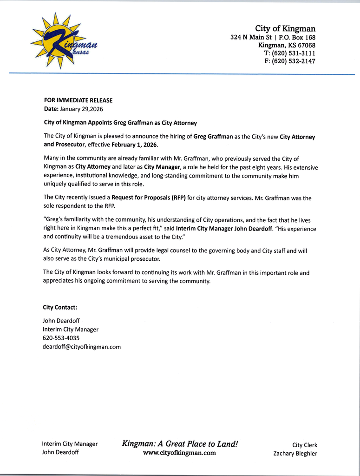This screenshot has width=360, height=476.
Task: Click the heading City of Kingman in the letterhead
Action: [x=285, y=29]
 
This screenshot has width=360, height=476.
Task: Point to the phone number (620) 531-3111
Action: [x=289, y=53]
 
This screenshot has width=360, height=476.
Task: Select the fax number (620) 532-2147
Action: [x=290, y=61]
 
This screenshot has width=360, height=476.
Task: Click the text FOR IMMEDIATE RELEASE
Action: [x=78, y=100]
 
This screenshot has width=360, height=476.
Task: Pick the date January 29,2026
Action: [x=81, y=109]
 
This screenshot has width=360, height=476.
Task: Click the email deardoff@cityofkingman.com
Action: [x=82, y=346]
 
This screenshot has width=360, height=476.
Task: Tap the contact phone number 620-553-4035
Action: [x=61, y=338]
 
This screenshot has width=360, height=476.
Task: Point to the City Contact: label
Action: [x=60, y=307]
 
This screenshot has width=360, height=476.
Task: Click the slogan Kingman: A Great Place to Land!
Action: [x=180, y=443]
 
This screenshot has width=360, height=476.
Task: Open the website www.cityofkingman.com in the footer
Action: [x=179, y=453]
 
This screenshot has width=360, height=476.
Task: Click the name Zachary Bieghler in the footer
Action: [x=295, y=453]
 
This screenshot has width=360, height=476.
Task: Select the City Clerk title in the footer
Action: [x=304, y=445]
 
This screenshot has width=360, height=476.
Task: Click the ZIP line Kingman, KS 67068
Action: [x=287, y=46]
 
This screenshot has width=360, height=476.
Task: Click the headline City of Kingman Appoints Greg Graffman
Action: [x=120, y=123]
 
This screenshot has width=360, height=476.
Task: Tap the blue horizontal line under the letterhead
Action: [x=181, y=74]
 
